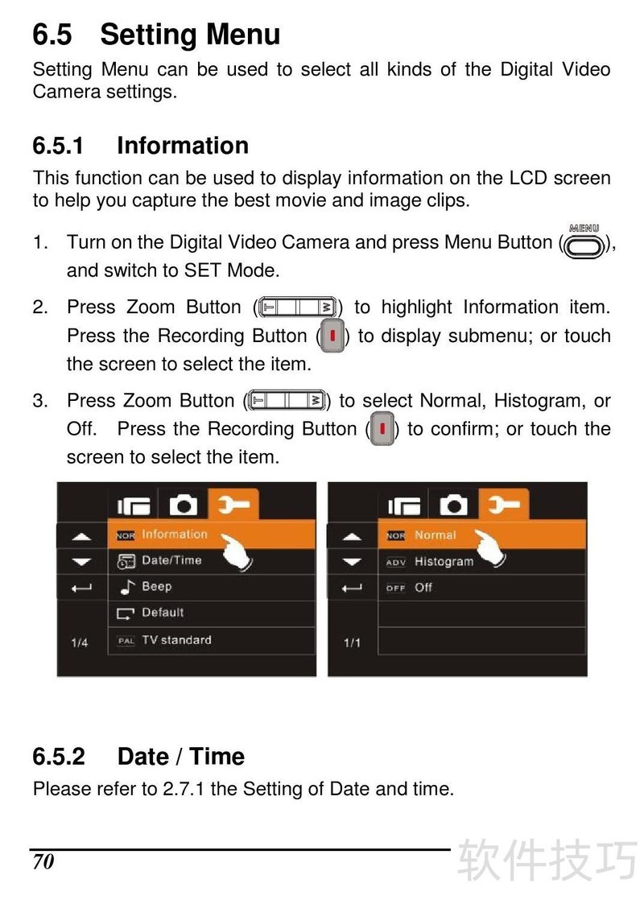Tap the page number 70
click(x=43, y=861)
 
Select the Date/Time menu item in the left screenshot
click(x=212, y=560)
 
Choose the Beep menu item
click(x=212, y=587)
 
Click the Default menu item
click(x=212, y=613)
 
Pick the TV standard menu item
click(x=212, y=641)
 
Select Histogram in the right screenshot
click(x=482, y=562)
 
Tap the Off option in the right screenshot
click(x=482, y=587)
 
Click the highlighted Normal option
click(x=482, y=535)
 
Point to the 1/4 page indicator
click(x=80, y=642)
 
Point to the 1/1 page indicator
click(x=352, y=642)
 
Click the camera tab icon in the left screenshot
click(x=183, y=506)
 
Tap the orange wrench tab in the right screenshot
click(x=504, y=505)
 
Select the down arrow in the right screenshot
click(x=352, y=561)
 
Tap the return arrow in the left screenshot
click(x=81, y=588)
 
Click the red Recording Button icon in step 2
click(x=332, y=336)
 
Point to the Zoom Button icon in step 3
click(x=286, y=400)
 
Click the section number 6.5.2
click(x=59, y=757)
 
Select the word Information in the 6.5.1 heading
click(x=183, y=146)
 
